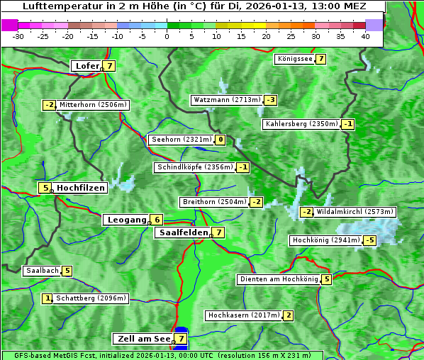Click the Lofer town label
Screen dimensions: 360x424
click(87, 66)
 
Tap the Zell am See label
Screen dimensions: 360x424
click(143, 339)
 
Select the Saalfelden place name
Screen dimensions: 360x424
click(183, 232)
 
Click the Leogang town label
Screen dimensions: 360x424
click(126, 220)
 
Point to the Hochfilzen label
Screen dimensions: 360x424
click(81, 188)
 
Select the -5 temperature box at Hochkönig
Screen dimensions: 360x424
click(369, 240)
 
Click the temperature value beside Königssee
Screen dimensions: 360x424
click(320, 59)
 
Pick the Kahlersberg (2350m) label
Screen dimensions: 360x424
click(301, 124)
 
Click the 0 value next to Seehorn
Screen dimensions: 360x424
click(221, 140)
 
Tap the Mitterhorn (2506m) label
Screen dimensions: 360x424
click(93, 105)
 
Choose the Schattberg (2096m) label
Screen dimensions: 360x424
click(91, 298)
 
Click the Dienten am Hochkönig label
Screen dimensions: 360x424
click(279, 279)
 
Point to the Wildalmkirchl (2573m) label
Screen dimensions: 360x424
click(355, 211)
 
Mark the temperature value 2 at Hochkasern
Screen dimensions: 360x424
click(288, 315)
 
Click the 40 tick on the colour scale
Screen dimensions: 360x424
click(365, 36)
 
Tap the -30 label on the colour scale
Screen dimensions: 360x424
click(18, 36)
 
